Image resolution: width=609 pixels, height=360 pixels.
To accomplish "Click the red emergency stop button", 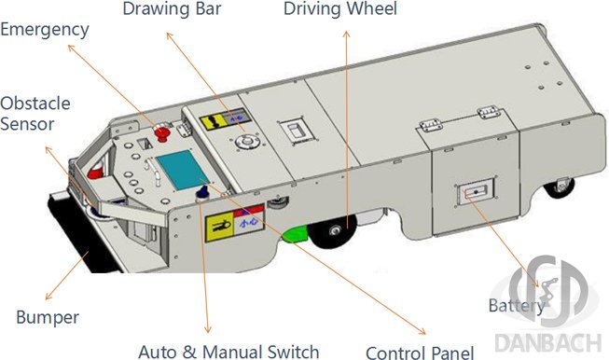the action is click(162, 132).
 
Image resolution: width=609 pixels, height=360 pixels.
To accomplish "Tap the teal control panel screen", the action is click(183, 170).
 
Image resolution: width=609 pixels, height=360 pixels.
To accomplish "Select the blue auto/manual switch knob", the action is click(202, 192).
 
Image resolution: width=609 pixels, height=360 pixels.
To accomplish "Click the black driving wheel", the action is click(334, 230).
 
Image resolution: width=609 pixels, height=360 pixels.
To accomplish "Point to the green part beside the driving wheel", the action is click(296, 236).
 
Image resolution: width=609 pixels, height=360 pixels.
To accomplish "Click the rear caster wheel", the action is click(560, 187).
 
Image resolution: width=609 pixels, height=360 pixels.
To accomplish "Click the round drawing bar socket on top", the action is click(247, 142).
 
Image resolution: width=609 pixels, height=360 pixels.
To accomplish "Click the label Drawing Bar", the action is click(172, 9).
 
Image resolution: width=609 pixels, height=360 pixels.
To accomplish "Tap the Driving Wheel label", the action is click(340, 8).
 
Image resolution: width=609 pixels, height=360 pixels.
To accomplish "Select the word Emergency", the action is click(45, 31).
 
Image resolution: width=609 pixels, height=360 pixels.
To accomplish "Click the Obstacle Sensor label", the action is click(35, 114).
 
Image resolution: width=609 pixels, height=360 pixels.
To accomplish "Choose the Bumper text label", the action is click(48, 317).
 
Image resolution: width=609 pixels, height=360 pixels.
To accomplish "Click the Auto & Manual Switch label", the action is click(228, 352).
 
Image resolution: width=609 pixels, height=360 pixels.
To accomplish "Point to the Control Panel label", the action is click(420, 353).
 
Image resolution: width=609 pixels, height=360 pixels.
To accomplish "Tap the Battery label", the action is click(517, 306).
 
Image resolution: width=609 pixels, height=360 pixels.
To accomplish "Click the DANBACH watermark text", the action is click(548, 342).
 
